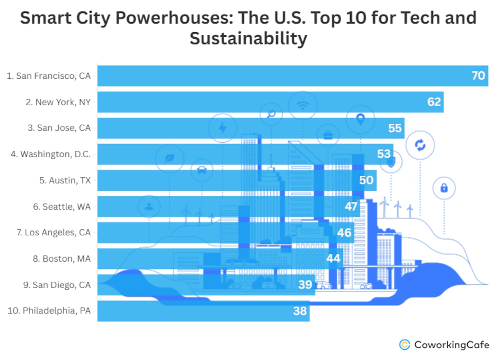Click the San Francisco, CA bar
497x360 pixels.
pos(276,76)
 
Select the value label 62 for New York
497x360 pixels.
pos(434,102)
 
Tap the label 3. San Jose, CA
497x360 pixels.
pos(59,128)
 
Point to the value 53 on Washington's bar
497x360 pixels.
pos(383,154)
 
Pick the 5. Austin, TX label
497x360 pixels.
pos(65,181)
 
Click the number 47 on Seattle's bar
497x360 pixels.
pos(351,206)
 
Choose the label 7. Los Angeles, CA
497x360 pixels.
pos(53,233)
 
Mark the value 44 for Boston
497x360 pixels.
pos(333,259)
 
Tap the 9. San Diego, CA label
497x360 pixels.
pos(57,285)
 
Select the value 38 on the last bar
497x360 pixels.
pos(300,311)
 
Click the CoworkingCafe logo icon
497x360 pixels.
pos(405,344)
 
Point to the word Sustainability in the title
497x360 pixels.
pos(248,38)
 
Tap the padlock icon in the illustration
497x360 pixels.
pos(444,188)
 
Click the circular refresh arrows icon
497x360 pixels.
pos(420,145)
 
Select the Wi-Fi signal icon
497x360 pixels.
pos(303,105)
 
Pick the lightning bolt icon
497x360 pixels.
pos(223,128)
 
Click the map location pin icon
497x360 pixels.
pos(360,119)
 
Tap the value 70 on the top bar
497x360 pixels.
pos(478,76)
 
